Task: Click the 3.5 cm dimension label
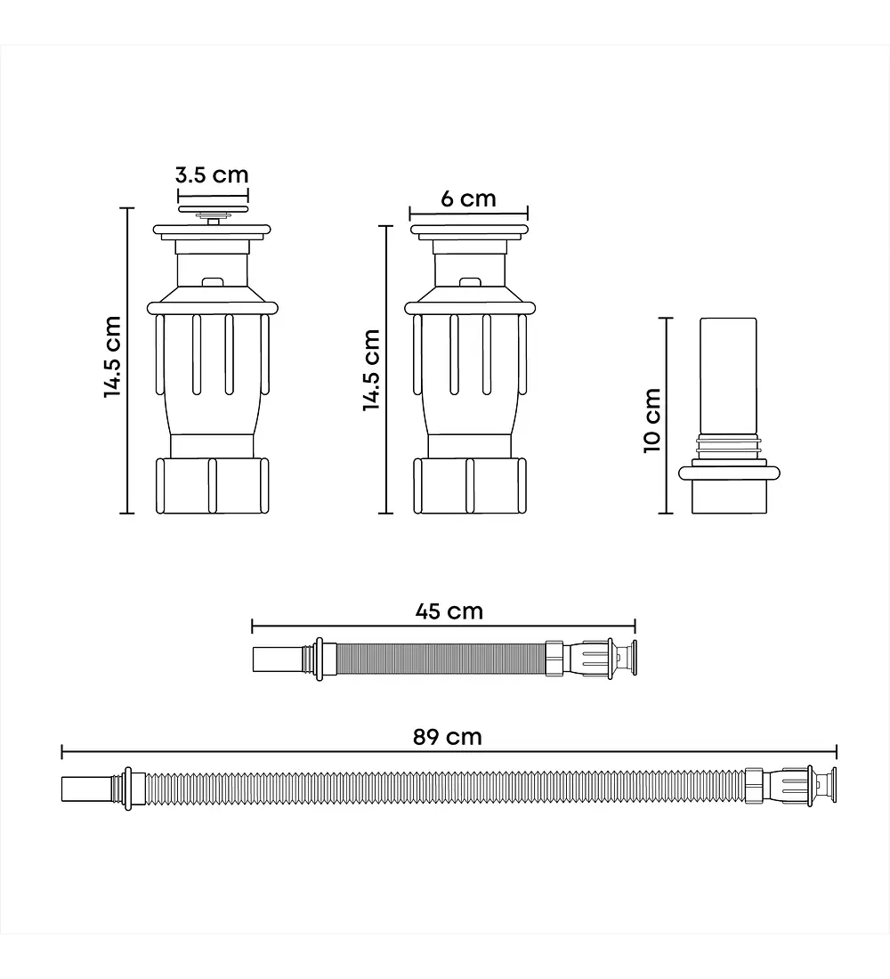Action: click(x=212, y=174)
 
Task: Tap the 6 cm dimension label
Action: click(x=468, y=198)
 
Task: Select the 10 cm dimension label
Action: click(x=652, y=420)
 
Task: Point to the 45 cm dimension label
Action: click(x=449, y=611)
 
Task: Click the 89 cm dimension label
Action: click(x=447, y=737)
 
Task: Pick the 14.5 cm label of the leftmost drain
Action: click(x=112, y=357)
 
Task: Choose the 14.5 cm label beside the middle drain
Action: click(x=372, y=369)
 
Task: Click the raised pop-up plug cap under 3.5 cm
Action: click(x=213, y=209)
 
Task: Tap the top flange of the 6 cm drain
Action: click(x=468, y=231)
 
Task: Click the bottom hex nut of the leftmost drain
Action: click(x=213, y=486)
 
